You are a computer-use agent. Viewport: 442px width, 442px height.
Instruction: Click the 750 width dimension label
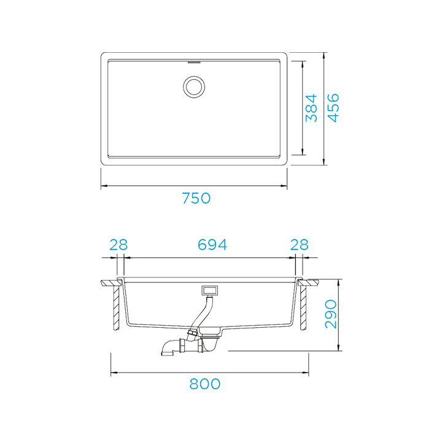click(x=196, y=198)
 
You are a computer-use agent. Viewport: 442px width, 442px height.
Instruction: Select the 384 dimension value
click(x=311, y=107)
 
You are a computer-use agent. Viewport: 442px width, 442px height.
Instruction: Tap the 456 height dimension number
click(x=332, y=107)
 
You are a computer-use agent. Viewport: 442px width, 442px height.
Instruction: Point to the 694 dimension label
click(x=212, y=244)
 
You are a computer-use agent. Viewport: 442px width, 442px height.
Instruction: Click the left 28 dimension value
click(x=118, y=244)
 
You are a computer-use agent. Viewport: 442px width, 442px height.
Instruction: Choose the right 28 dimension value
click(x=299, y=244)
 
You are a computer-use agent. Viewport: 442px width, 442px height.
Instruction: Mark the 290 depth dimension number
click(x=331, y=314)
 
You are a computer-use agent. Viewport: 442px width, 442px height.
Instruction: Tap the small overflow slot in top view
click(x=194, y=62)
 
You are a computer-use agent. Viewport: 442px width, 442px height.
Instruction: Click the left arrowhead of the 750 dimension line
click(x=104, y=186)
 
